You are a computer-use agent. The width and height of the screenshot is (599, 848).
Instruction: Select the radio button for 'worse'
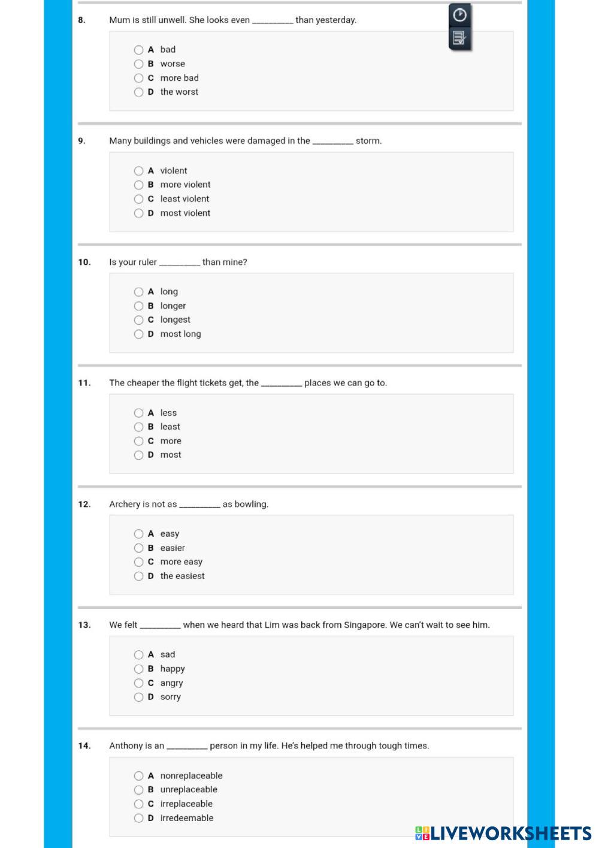click(138, 64)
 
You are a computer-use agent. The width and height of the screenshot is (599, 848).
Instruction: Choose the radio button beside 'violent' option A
click(138, 171)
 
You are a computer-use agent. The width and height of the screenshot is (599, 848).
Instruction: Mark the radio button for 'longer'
click(138, 306)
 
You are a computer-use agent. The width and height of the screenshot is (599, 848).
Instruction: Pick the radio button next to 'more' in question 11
click(138, 441)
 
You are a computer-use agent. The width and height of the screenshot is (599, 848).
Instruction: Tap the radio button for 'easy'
click(138, 534)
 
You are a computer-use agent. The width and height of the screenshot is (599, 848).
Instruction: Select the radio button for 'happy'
click(138, 669)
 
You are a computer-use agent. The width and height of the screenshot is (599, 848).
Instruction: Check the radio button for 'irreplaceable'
click(138, 804)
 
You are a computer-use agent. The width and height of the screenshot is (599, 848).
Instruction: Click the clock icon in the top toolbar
click(459, 14)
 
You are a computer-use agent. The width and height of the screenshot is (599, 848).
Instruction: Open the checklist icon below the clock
click(459, 38)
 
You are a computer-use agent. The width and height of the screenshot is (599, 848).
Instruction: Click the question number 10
click(84, 262)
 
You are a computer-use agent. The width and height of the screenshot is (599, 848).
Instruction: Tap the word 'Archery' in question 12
click(125, 505)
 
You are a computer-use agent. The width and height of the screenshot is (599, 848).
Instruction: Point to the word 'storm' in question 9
click(367, 141)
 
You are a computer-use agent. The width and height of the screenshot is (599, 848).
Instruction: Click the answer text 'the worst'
click(179, 92)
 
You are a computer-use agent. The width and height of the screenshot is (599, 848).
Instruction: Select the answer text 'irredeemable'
click(187, 818)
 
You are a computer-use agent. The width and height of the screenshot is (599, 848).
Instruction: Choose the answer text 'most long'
click(180, 334)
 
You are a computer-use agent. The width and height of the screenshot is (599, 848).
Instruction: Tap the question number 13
click(84, 625)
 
